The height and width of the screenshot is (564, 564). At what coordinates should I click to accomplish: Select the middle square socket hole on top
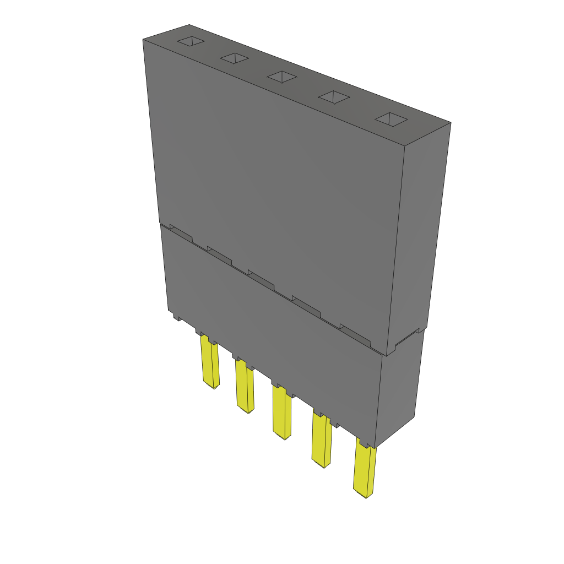(x=282, y=77)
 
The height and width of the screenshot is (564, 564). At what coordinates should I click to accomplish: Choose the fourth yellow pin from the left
(x=321, y=441)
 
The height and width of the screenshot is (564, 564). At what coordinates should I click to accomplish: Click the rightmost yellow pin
(x=364, y=471)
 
